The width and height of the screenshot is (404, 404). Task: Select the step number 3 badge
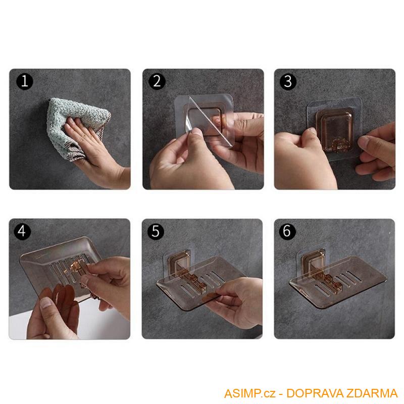point(288,81)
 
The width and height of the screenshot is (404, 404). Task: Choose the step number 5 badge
point(156,231)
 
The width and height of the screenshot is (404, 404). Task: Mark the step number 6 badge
point(287,231)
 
